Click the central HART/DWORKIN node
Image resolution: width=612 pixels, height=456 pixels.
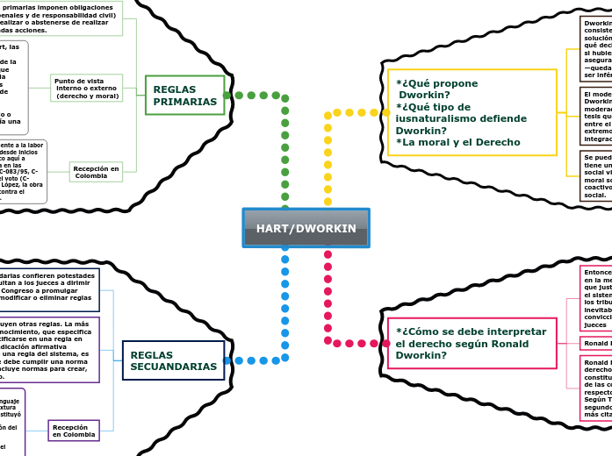coord(306,228)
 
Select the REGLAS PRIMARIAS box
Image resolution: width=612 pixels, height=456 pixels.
coord(185,96)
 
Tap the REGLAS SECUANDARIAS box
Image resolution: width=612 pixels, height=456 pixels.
coord(173,360)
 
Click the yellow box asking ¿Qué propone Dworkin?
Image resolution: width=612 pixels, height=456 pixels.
coord(472,112)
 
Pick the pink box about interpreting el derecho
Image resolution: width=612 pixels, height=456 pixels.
coord(472,343)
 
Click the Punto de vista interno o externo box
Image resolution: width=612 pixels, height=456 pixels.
coord(86,88)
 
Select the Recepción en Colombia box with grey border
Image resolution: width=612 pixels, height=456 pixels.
coord(96,172)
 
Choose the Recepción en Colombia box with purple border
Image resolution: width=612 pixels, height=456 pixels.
coord(74,431)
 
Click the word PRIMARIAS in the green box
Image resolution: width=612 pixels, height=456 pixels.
coord(185,102)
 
